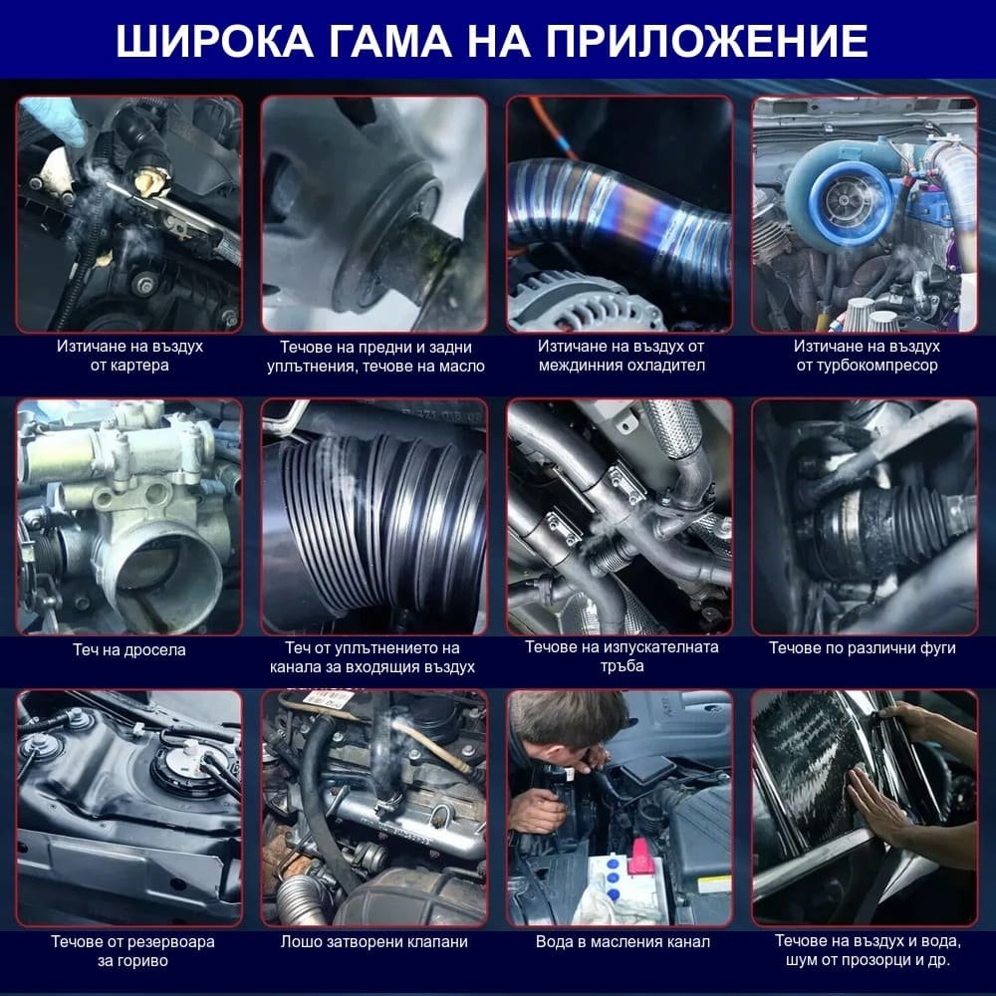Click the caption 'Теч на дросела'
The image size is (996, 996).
pos(129,649)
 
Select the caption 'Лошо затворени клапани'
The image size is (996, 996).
pos(373,941)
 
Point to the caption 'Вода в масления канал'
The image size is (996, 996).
pos(619,941)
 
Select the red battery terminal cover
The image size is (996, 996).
pos(637,856)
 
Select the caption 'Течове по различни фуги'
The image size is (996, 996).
pos(863,648)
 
